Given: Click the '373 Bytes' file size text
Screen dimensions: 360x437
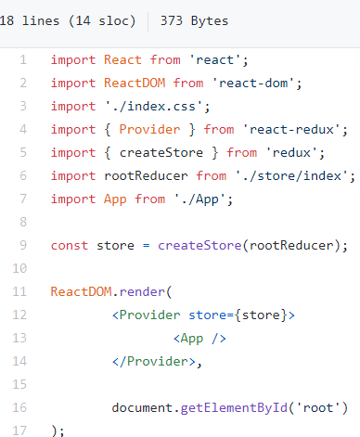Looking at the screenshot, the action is [194, 20].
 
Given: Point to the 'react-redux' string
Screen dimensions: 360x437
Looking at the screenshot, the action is [289, 129].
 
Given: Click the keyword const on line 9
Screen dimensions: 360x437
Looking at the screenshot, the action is [70, 245].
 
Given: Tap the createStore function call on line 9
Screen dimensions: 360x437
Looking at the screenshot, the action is [200, 245].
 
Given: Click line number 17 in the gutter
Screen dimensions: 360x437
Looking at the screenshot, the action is [20, 430].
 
